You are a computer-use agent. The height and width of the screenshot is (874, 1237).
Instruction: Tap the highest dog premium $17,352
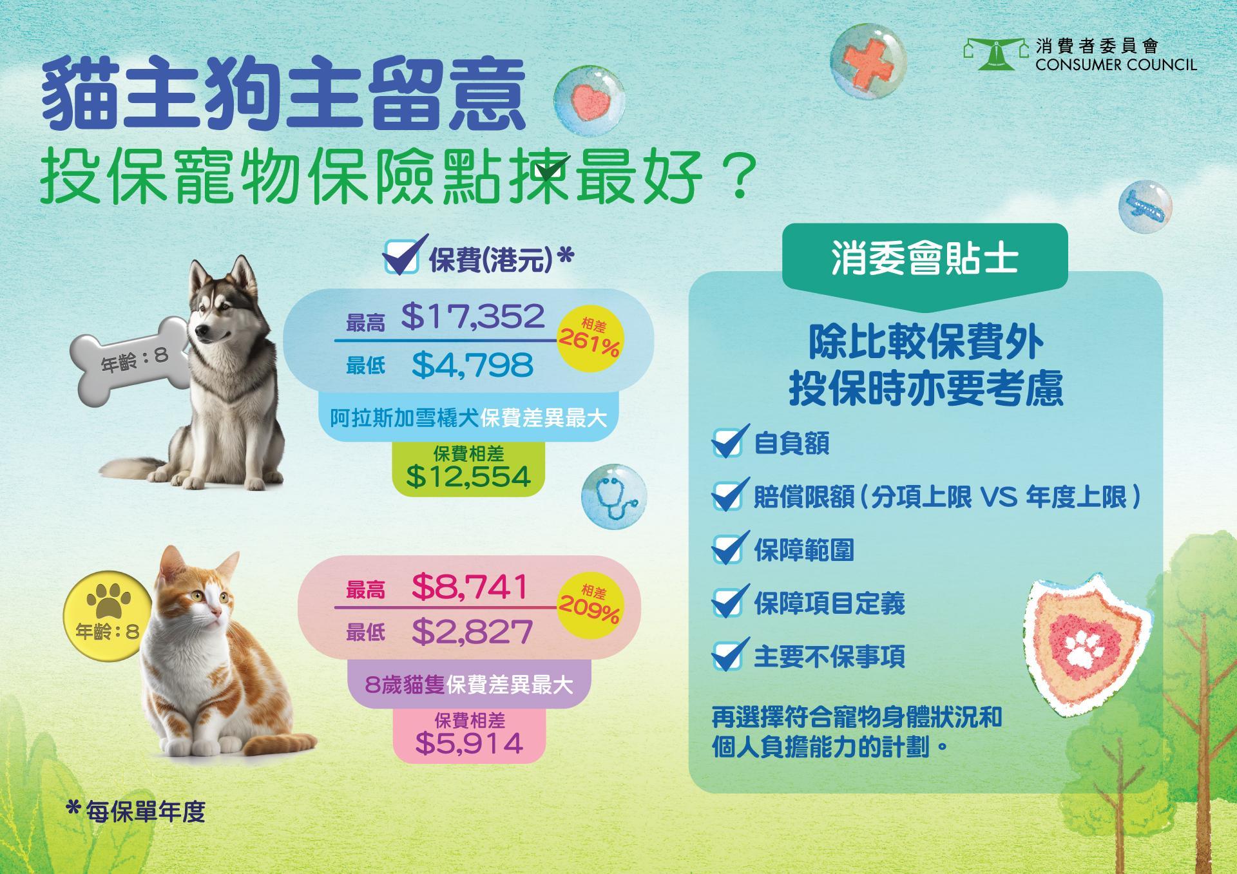pos(473,316)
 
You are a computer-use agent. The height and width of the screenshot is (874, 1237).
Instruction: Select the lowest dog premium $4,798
pos(472,365)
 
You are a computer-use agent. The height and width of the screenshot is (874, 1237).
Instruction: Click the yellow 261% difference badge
pos(590,339)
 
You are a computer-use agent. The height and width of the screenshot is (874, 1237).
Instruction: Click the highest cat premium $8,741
pos(470,587)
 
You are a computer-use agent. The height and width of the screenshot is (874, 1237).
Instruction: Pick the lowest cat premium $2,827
pos(472,632)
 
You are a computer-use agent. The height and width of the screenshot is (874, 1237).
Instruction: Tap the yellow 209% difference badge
pos(590,605)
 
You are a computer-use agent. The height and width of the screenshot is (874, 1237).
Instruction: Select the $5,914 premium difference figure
pos(469,743)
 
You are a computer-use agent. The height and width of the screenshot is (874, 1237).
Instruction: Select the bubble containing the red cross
pos(868,60)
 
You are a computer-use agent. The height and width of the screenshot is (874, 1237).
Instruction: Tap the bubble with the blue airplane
pos(1145,206)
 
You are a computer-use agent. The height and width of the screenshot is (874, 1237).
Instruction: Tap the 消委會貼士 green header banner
pos(925,258)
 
